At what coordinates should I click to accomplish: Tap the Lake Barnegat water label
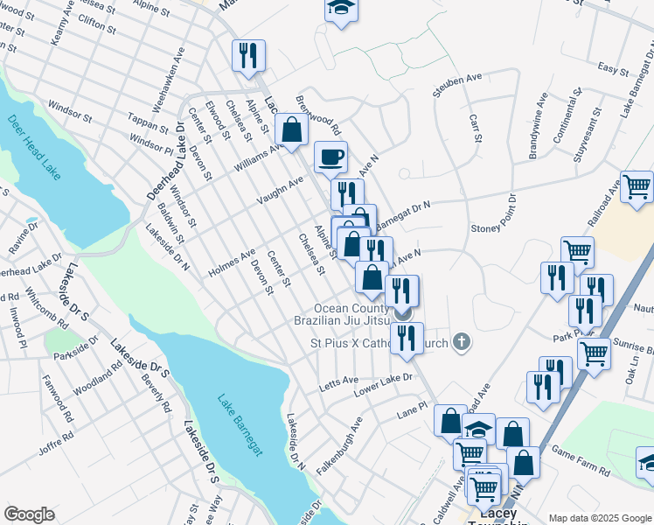point(247,424)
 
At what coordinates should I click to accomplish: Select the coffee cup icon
point(330,157)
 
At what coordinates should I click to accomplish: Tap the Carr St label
point(477,127)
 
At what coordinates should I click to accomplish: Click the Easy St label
point(614,67)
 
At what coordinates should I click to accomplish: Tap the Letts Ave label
point(338,381)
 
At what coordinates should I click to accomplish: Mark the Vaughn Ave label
point(279,192)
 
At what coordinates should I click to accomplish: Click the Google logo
point(30,514)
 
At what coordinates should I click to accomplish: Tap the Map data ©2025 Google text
point(599,518)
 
